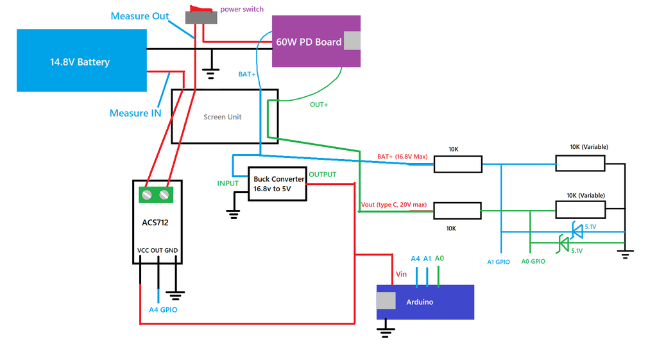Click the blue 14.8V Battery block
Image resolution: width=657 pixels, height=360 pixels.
pyautogui.click(x=80, y=60)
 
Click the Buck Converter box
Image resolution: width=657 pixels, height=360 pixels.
pyautogui.click(x=277, y=184)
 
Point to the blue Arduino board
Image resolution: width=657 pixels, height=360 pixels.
pyautogui.click(x=425, y=302)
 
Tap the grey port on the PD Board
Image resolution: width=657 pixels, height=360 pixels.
pyautogui.click(x=352, y=40)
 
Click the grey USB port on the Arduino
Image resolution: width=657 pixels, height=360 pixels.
pyautogui.click(x=386, y=301)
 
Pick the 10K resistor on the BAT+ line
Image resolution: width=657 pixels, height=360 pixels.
pyautogui.click(x=457, y=164)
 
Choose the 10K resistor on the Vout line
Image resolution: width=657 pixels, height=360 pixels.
pyautogui.click(x=457, y=210)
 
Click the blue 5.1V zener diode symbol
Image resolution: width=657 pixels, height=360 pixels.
pyautogui.click(x=576, y=229)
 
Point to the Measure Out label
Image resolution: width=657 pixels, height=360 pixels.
pyautogui.click(x=139, y=16)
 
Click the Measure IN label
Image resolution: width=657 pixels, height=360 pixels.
pyautogui.click(x=135, y=113)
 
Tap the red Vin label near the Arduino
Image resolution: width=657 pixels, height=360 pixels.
pyautogui.click(x=402, y=274)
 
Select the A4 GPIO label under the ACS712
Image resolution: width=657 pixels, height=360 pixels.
pyautogui.click(x=163, y=310)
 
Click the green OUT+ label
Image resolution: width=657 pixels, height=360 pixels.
pyautogui.click(x=319, y=105)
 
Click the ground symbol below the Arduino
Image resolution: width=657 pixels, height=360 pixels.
pyautogui.click(x=385, y=332)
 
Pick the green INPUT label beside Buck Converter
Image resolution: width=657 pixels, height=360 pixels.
pyautogui.click(x=228, y=184)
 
